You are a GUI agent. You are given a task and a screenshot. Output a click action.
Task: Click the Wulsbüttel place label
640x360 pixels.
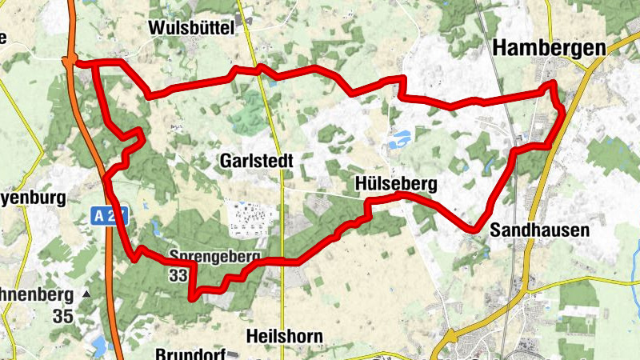(190, 28)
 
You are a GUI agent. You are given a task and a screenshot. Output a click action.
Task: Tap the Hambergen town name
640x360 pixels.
(550, 48)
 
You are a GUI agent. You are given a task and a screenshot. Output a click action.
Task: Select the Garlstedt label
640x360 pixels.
(255, 161)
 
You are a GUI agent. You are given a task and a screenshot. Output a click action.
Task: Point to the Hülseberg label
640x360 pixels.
(396, 185)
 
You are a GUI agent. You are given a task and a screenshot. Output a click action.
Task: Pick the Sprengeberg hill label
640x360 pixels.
(215, 258)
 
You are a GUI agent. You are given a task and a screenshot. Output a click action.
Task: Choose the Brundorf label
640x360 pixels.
(189, 352)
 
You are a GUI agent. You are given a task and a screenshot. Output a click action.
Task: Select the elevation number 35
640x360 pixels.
(63, 315)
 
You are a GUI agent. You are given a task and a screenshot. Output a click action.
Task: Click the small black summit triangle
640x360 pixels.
(86, 294)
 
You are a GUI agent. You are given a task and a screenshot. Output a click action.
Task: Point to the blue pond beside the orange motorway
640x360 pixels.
(99, 346)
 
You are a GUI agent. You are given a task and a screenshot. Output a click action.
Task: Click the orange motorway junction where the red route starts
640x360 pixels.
(70, 60)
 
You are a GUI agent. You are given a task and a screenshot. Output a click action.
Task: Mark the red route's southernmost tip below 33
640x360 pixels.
(191, 298)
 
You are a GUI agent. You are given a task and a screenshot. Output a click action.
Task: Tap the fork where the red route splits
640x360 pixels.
(94, 62)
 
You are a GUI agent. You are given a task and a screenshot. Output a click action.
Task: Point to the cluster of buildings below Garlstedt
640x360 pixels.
(250, 217)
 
